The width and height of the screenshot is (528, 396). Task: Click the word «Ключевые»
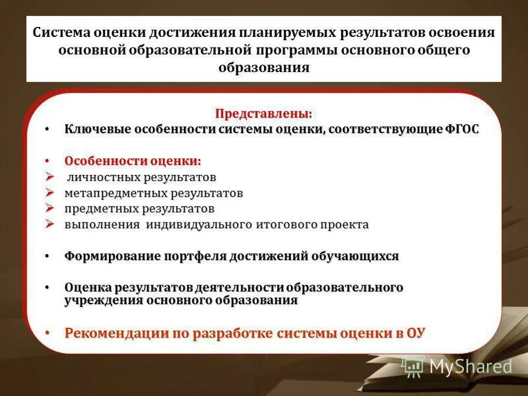pyautogui.click(x=96, y=129)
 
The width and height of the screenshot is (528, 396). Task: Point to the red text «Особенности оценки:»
pyautogui.click(x=133, y=161)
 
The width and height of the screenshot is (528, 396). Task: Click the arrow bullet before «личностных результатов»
pyautogui.click(x=51, y=177)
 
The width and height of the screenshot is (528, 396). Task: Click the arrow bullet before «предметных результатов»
pyautogui.click(x=51, y=209)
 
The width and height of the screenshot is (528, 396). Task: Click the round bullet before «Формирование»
pyautogui.click(x=48, y=256)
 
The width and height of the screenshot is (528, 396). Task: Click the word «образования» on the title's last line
pyautogui.click(x=264, y=68)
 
